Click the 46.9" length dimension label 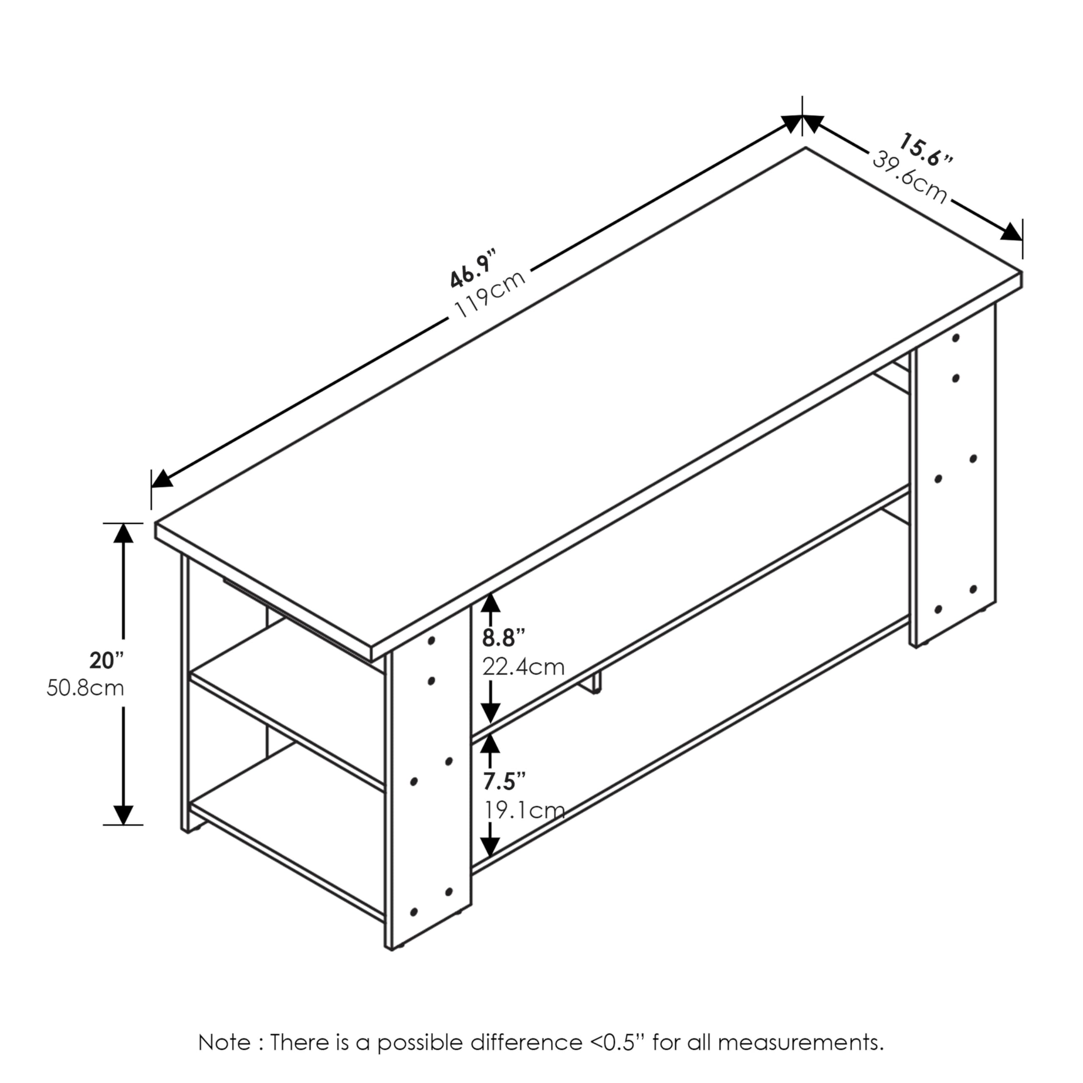pos(473,270)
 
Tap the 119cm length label pos(490,294)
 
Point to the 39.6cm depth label pos(909,177)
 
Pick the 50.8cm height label pos(85,688)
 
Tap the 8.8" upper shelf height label pos(504,638)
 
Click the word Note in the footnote pos(224,1043)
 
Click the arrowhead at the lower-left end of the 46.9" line pos(162,479)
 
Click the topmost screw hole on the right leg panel pos(956,338)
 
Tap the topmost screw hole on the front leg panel pos(432,640)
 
